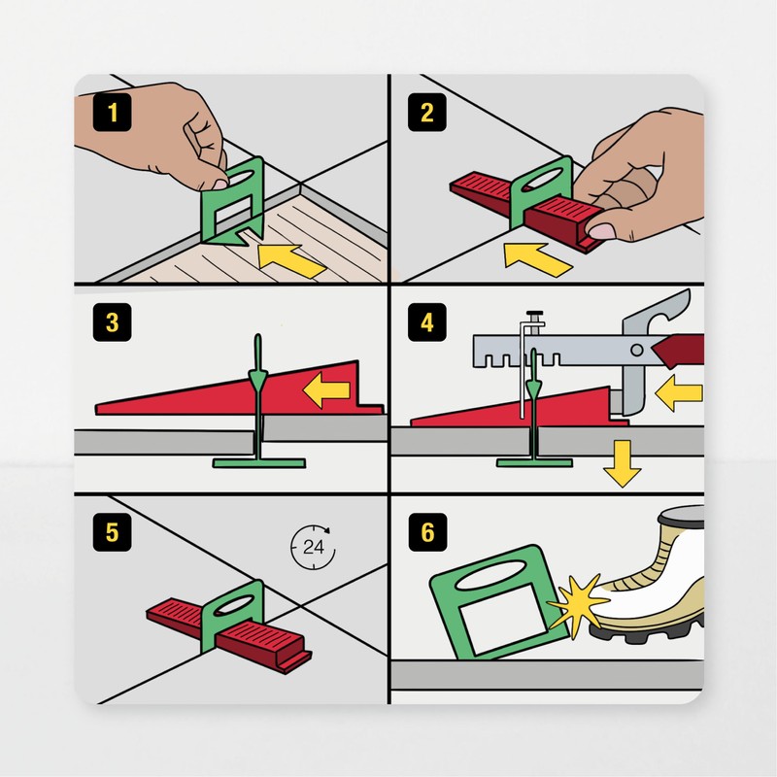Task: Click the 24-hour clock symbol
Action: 312,547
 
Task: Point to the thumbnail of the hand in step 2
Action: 604,230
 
